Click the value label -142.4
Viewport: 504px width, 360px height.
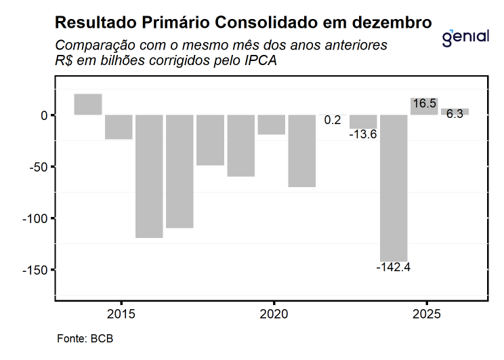tap(394, 267)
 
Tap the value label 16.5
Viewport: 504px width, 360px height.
tap(424, 104)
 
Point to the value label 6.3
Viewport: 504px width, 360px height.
tap(455, 114)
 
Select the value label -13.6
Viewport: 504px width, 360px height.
tap(363, 134)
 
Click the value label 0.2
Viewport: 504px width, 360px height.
tap(333, 120)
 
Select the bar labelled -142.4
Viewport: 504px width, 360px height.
tap(394, 187)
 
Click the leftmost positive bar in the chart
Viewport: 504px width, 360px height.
tap(88, 104)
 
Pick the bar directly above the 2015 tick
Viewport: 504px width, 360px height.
tap(119, 127)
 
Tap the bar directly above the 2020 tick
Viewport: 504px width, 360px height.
tap(272, 125)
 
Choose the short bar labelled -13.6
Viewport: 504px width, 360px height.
tap(363, 121)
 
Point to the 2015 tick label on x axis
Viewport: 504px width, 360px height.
tap(121, 315)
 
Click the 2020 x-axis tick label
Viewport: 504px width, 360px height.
tap(274, 315)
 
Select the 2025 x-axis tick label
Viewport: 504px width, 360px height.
tap(427, 315)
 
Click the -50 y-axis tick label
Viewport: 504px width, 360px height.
tap(39, 167)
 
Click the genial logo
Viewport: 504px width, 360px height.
tap(465, 37)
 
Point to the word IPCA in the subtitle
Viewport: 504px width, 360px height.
tap(261, 60)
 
